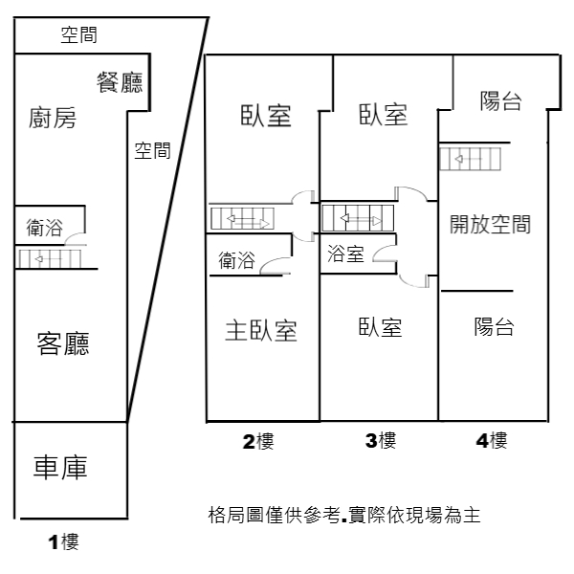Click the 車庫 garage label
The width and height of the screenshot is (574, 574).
click(60, 468)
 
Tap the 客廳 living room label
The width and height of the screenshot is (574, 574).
click(63, 343)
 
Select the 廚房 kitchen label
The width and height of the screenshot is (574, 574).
click(53, 118)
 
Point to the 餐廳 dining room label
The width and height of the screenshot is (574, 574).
click(120, 82)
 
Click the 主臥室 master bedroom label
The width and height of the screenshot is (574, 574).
click(261, 330)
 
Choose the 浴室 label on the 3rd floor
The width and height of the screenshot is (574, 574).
click(345, 254)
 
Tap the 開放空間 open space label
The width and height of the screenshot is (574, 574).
click(490, 224)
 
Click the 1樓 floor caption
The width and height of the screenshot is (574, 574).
click(63, 541)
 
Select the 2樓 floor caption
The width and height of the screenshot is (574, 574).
click(258, 441)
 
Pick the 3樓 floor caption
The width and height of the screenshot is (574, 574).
click(381, 440)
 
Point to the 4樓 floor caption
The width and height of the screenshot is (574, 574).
click(492, 440)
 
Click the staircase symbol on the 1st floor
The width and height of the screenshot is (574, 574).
click(50, 259)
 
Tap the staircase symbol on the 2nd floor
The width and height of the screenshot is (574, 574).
click(242, 218)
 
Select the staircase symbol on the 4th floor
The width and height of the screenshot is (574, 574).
click(470, 159)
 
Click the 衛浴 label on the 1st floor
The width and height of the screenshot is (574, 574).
click(44, 228)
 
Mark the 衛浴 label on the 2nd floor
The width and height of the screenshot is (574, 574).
click(236, 260)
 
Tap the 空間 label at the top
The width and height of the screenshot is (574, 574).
click(78, 35)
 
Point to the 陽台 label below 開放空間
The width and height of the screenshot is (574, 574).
click(495, 327)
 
